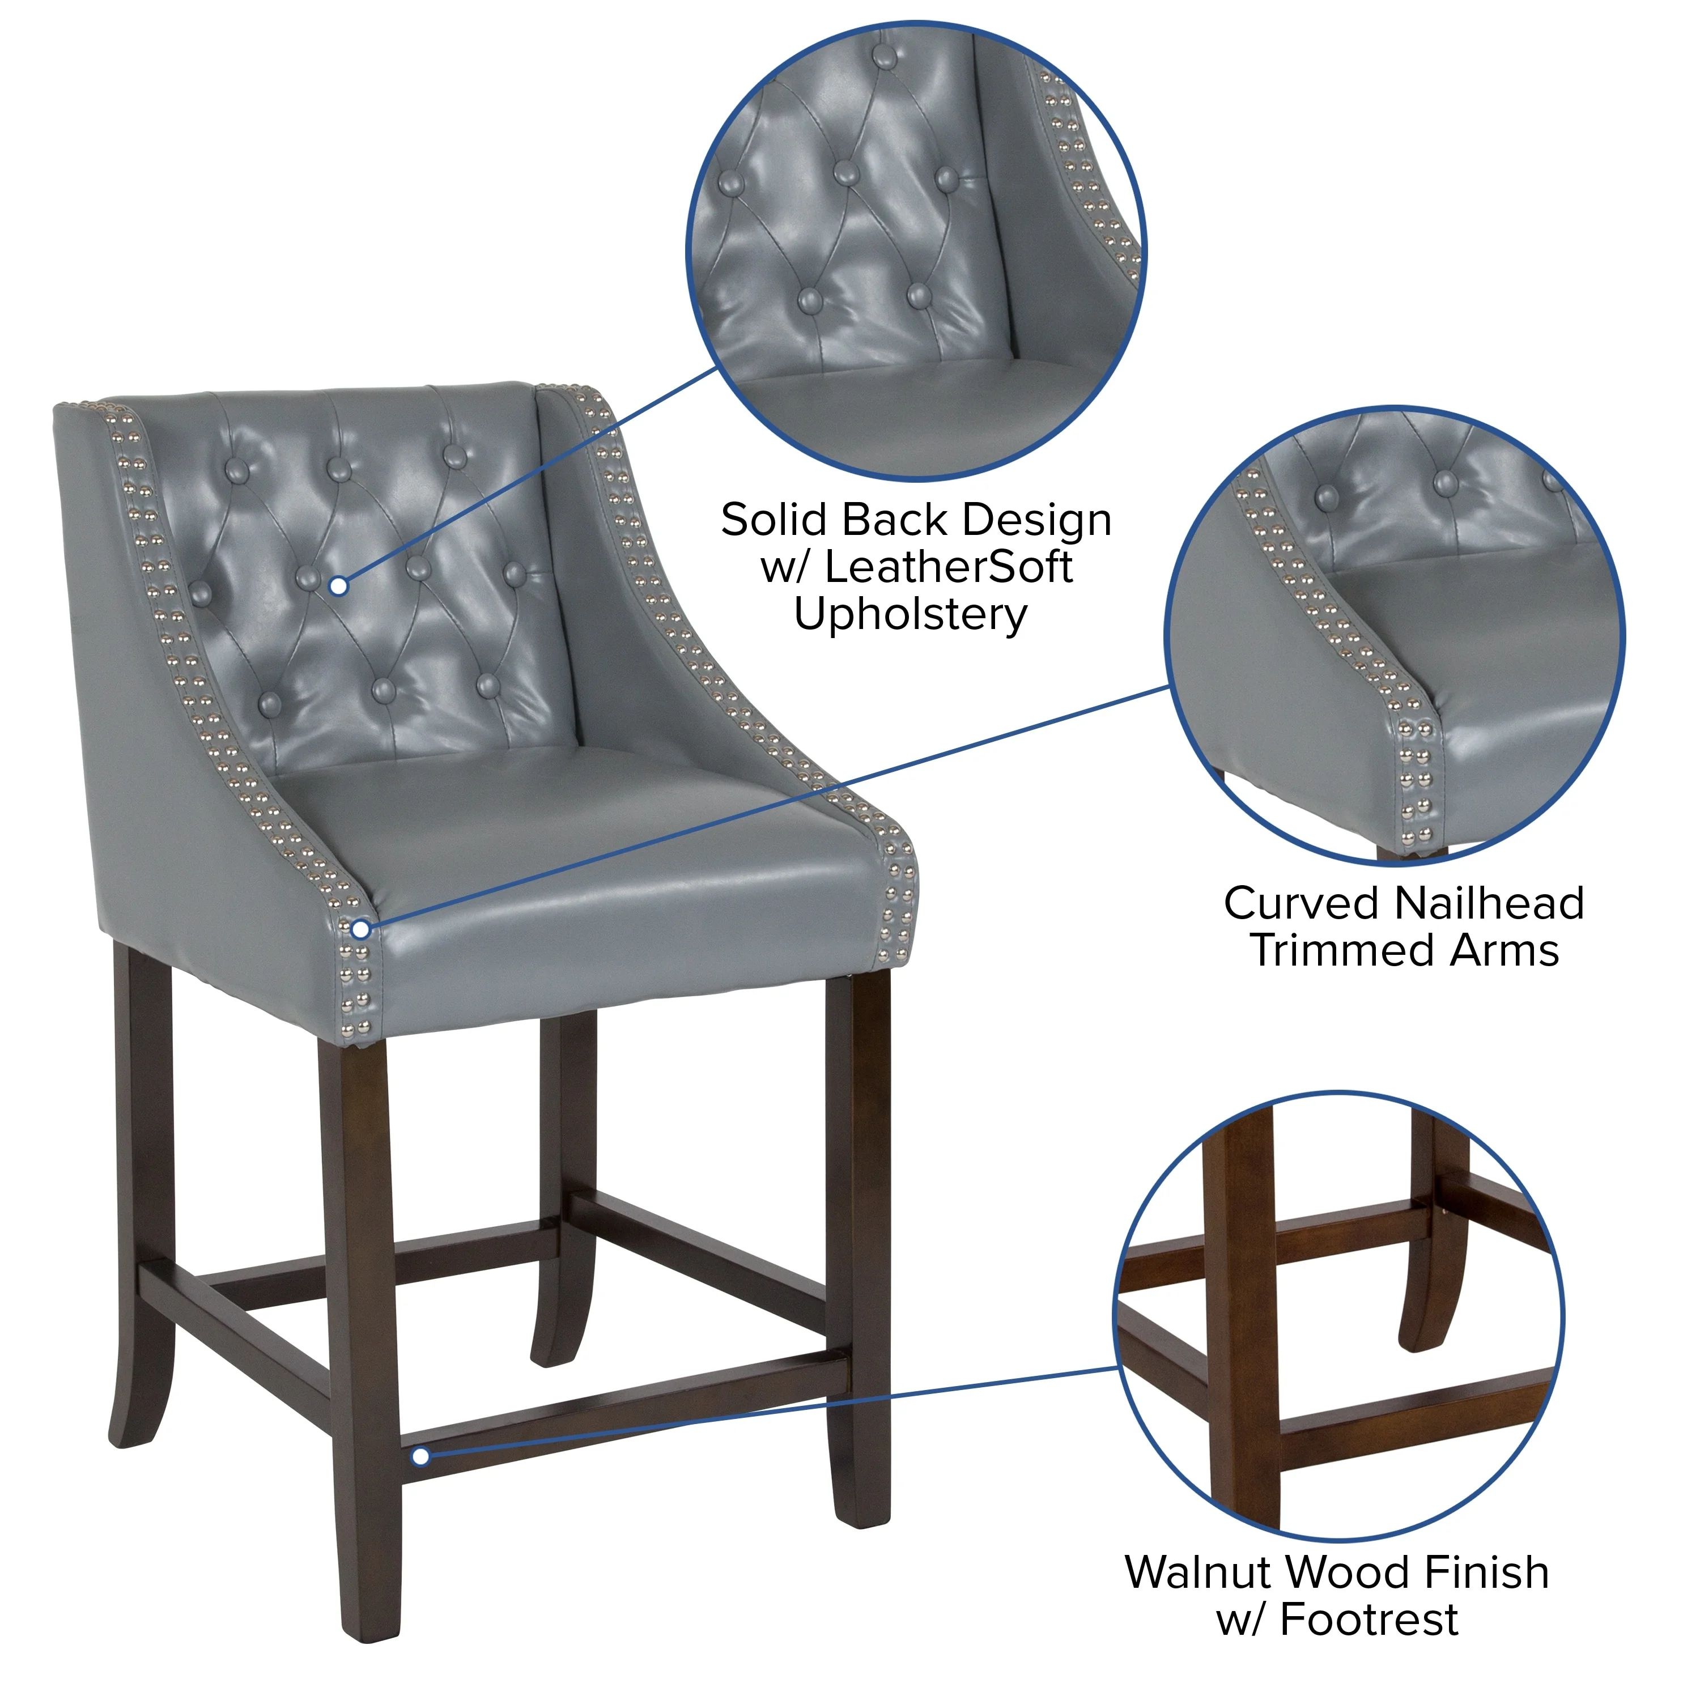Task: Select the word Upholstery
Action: coord(910,614)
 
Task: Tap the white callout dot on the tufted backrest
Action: coord(339,586)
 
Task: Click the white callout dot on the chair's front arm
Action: coord(361,929)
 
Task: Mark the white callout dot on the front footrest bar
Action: coord(420,1456)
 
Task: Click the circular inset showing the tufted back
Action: coord(915,251)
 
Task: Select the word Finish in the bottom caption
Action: coord(1486,1572)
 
